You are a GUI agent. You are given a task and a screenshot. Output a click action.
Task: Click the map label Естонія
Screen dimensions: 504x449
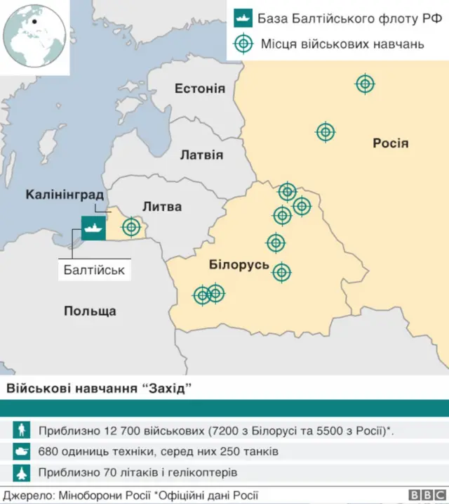[x=200, y=89]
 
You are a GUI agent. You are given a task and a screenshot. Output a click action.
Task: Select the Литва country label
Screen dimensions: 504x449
[x=161, y=207]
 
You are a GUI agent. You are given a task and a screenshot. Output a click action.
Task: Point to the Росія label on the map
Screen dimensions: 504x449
[x=390, y=143]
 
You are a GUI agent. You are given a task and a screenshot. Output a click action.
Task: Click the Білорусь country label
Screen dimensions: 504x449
[x=239, y=264]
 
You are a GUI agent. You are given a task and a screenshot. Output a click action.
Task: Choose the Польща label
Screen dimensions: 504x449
[x=90, y=311]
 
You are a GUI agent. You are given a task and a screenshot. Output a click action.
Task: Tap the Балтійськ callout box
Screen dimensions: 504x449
[x=94, y=269]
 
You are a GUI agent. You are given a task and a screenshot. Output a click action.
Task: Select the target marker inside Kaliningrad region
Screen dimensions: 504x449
[x=131, y=227]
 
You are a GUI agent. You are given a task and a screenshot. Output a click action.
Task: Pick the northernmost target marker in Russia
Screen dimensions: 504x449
[x=365, y=84]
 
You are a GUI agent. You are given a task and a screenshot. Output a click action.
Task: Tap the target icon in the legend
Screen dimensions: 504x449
[x=243, y=44]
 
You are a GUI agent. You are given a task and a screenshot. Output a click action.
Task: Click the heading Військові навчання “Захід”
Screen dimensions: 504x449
[x=98, y=389]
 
